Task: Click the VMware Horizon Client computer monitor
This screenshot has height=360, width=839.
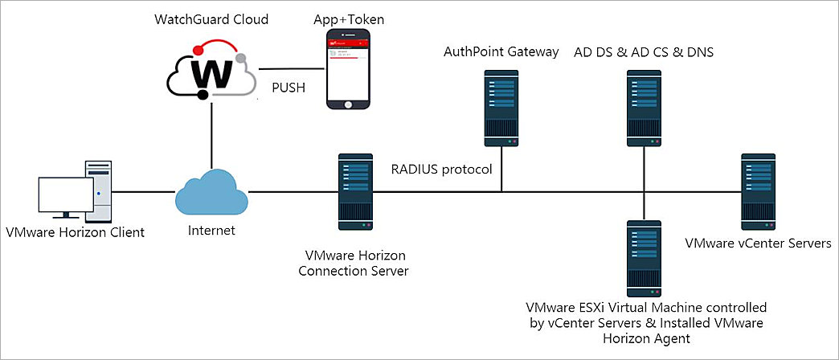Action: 66,197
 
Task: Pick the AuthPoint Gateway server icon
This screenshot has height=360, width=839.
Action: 501,108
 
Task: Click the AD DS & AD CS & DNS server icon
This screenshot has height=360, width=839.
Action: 643,108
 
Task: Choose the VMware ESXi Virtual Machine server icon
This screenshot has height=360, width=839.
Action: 643,258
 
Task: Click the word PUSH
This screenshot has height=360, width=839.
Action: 288,88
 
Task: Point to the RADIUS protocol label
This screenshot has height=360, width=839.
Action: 441,169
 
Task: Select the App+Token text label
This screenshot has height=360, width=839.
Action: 347,18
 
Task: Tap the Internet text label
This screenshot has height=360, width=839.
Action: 213,231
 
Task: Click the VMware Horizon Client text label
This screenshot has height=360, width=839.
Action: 75,233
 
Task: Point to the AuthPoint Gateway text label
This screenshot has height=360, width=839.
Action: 501,52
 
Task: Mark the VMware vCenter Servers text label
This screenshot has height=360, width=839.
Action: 758,242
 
